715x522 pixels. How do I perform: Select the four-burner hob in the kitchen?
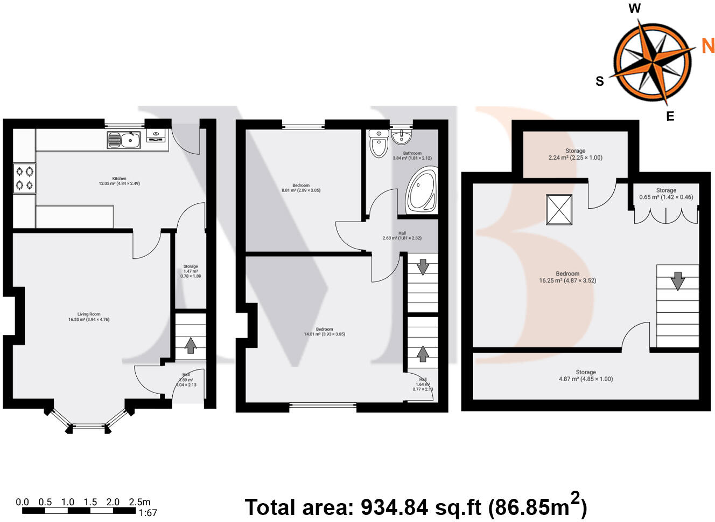coord(25,178)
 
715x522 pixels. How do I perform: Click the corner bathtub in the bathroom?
coord(421,191)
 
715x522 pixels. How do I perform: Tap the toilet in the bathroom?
coord(379,144)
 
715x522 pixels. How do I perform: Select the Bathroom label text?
coord(412,153)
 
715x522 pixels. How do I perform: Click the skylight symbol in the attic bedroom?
coord(559,209)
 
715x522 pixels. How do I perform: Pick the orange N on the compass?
coord(707,46)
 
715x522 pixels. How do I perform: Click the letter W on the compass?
coord(635,8)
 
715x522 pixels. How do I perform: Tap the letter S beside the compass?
coord(599,81)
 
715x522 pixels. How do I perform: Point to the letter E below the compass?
coord(670,116)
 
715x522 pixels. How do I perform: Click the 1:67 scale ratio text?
coord(148,512)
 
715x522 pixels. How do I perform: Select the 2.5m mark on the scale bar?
coord(139,502)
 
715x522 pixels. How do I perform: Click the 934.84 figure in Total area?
coord(394,507)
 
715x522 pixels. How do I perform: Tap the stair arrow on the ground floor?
coord(190,344)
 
